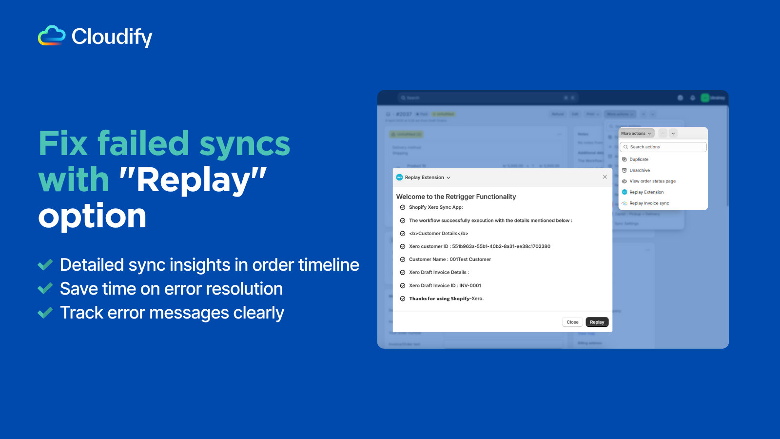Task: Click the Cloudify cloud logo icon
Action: click(x=52, y=36)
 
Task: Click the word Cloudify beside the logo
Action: click(x=112, y=37)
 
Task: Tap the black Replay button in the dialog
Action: click(x=597, y=322)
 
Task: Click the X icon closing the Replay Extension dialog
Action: click(x=604, y=177)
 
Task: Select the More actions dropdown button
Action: click(x=636, y=133)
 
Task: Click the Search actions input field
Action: click(x=663, y=147)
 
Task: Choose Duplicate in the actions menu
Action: click(x=639, y=160)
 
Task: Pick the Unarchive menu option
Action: click(x=639, y=170)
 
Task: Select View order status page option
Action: click(x=652, y=181)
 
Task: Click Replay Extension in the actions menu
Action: click(x=646, y=192)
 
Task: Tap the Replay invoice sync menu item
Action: click(x=649, y=203)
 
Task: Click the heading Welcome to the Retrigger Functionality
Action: click(x=456, y=197)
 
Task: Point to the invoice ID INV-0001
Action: click(x=470, y=285)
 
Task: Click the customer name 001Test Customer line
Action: click(x=449, y=259)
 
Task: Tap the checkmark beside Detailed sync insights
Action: click(x=45, y=265)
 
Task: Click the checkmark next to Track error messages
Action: click(x=45, y=313)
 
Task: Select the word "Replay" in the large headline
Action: click(x=193, y=180)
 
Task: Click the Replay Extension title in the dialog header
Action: click(x=424, y=178)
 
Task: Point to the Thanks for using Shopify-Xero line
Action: click(x=446, y=299)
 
